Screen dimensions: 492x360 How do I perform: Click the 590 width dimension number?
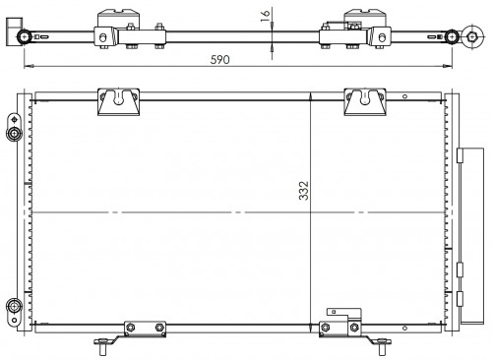pos(219,60)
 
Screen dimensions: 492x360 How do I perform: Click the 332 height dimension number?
pos(304,191)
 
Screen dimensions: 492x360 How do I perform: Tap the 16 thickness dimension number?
pos(265,16)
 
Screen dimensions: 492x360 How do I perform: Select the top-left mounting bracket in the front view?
pos(118,102)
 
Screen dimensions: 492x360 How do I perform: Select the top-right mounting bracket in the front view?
pos(365,102)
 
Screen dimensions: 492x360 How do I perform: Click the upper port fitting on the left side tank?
pos(14,133)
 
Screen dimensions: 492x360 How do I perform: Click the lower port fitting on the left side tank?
pos(14,306)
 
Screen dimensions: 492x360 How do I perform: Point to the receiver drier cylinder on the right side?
pos(471,236)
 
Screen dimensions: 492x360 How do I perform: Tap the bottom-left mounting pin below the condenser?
pos(102,346)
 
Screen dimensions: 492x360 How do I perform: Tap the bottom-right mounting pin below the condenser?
pos(382,346)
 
